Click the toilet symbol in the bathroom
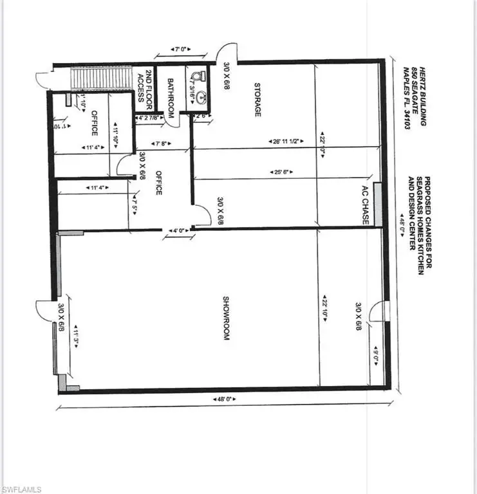(x=199, y=78)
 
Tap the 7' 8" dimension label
(x=159, y=142)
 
